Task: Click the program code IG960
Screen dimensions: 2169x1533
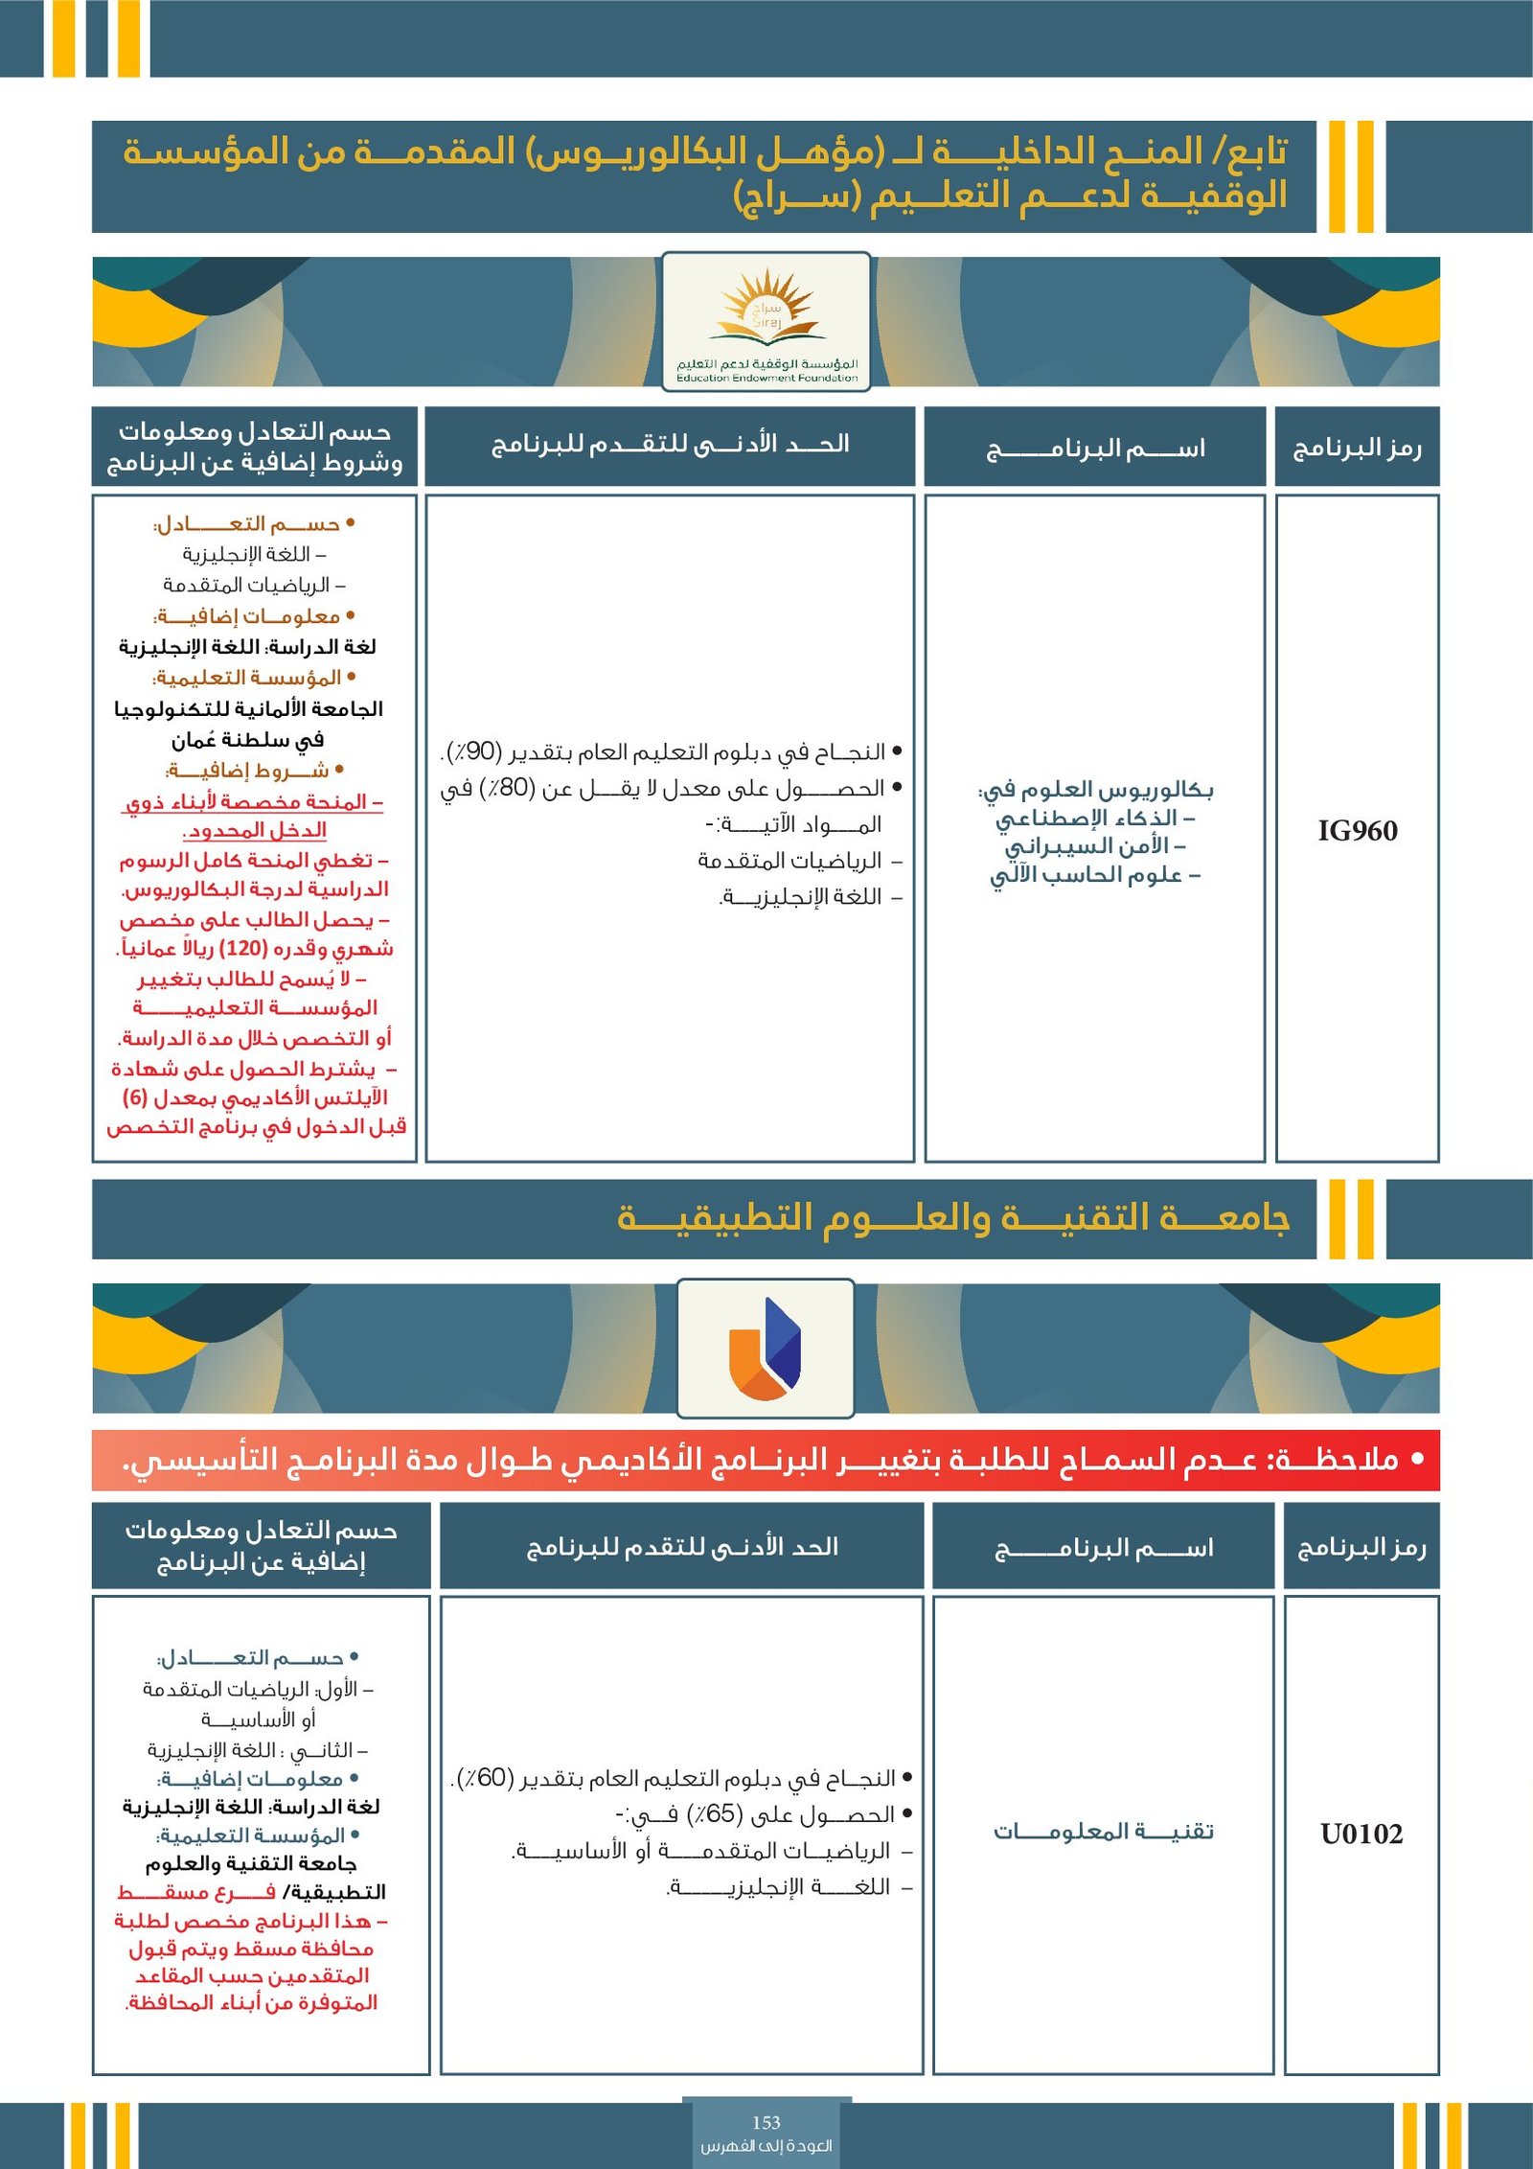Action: [1357, 831]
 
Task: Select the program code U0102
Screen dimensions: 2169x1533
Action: [1361, 1834]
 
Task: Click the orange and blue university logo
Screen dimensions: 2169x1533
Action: [765, 1348]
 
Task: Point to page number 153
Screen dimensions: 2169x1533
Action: [766, 2122]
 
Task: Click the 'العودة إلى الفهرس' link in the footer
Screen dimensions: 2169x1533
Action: [766, 2145]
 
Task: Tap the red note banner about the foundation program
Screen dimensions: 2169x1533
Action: [766, 1460]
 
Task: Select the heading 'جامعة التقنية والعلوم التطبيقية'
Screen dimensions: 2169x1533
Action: [953, 1217]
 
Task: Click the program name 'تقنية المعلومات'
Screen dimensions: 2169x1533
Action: [1103, 1832]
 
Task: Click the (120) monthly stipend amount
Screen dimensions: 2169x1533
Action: [242, 949]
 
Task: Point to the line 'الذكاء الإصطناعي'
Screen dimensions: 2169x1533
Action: [1094, 819]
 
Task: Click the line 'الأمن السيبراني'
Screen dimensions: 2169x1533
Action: [1094, 846]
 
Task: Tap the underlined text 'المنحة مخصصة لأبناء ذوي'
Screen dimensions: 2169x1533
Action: [254, 802]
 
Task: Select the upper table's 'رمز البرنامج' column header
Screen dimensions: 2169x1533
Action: [1357, 448]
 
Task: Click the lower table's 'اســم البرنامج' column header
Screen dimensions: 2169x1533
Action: [1103, 1548]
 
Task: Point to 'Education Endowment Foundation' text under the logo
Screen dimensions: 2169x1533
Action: [766, 378]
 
